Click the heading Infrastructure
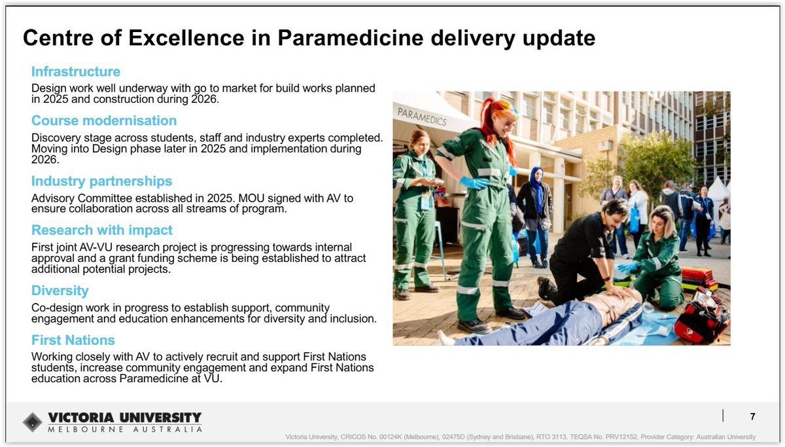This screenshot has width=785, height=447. click(x=76, y=71)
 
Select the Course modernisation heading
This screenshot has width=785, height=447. click(x=104, y=120)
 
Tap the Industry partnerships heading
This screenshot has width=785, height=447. click(x=101, y=181)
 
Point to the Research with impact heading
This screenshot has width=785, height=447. click(x=102, y=230)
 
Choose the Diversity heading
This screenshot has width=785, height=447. click(x=60, y=291)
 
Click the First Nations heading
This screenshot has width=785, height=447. click(x=73, y=340)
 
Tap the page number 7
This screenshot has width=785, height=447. click(x=752, y=416)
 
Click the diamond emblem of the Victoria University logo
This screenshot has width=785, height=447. click(x=33, y=422)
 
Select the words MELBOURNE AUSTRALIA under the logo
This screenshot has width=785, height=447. click(x=125, y=429)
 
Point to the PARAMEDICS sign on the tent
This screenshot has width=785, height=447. click(x=422, y=117)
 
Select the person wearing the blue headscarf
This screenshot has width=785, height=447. click(x=535, y=213)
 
